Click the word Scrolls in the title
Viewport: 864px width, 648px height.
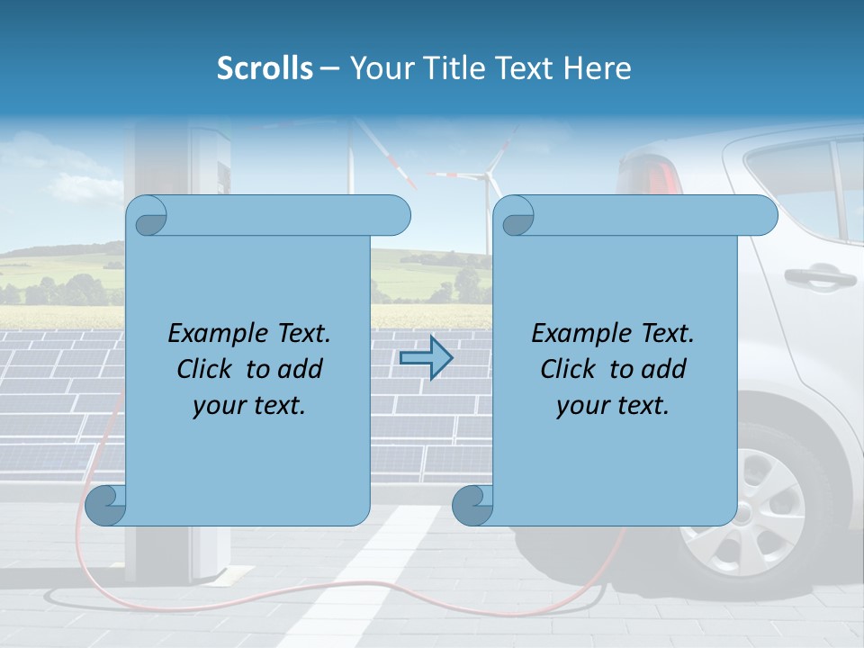coord(265,68)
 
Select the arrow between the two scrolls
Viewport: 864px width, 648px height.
coord(425,358)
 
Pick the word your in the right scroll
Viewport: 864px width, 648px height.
coord(581,406)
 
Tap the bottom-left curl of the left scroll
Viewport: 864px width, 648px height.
coord(104,505)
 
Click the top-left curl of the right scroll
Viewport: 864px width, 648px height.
coord(517,214)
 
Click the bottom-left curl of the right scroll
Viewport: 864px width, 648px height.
coord(472,505)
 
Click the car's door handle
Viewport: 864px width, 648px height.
coord(819,276)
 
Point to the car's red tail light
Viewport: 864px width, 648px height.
coord(652,172)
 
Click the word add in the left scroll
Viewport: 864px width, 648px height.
coord(301,369)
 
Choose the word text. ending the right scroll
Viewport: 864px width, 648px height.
coord(641,406)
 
